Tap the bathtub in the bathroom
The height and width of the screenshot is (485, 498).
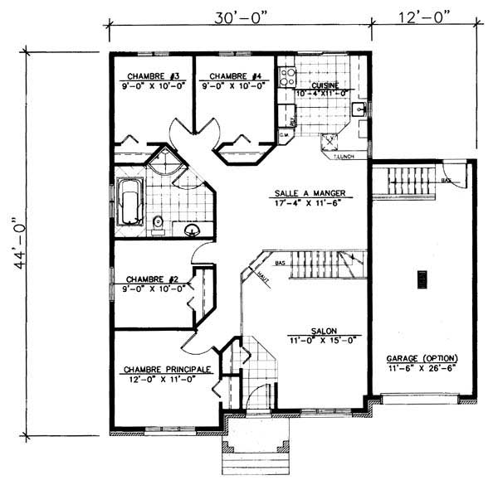(x=129, y=204)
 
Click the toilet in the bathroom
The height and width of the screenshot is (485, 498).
(x=158, y=221)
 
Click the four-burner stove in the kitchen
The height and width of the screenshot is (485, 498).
(x=288, y=77)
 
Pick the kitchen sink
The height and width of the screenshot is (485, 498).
(x=360, y=109)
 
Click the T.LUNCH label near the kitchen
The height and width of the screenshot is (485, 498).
(x=343, y=155)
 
